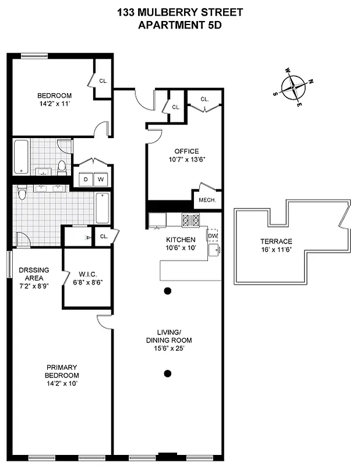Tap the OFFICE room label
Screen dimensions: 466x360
pos(186,151)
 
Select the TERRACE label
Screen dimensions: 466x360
pos(277,242)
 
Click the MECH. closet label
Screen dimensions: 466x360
pos(207,200)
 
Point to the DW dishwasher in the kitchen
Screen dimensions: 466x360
pos(213,235)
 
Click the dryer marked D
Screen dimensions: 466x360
pos(85,179)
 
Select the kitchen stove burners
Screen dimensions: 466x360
pos(191,220)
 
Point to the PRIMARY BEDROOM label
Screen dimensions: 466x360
pos(62,371)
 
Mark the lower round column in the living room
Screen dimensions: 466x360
pos(168,373)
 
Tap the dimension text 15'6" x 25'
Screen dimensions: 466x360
pos(169,348)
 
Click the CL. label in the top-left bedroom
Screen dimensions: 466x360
pos(103,82)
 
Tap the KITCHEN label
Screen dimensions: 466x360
pos(181,239)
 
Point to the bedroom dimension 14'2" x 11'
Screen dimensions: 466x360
pos(54,104)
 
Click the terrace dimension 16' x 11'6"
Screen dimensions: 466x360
pos(277,250)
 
